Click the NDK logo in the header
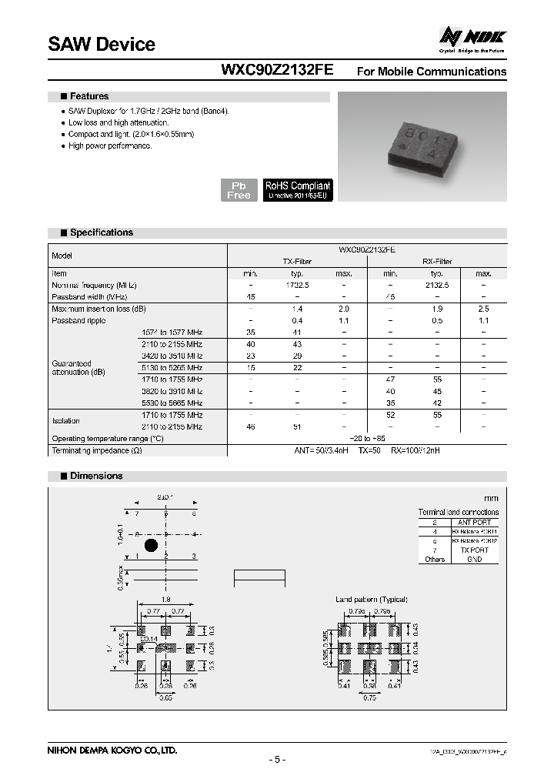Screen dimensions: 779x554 (472, 37)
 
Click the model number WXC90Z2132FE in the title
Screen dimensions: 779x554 (277, 70)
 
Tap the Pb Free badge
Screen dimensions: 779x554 (239, 190)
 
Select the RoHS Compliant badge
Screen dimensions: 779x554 (298, 190)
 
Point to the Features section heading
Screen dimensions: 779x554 (88, 97)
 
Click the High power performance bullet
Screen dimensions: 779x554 (110, 145)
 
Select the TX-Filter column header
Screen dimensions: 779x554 (297, 262)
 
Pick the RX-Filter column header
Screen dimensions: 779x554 (437, 262)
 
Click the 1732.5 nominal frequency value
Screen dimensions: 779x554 (297, 285)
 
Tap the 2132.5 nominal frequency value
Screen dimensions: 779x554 (437, 285)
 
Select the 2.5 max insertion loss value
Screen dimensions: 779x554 (483, 309)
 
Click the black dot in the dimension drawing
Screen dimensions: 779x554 (151, 545)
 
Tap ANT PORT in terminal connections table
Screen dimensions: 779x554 (474, 522)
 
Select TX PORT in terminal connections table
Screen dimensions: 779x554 (474, 550)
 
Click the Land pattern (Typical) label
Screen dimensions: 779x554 (371, 599)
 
